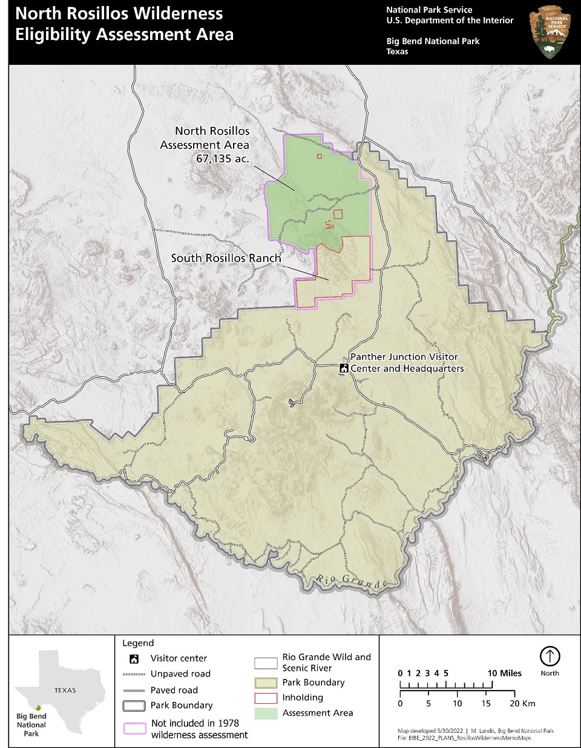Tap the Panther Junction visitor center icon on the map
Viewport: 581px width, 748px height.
tap(344, 368)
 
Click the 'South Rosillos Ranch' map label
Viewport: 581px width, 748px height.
tap(226, 258)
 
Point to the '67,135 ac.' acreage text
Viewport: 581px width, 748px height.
tap(222, 159)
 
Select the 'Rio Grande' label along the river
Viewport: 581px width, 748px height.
tap(352, 582)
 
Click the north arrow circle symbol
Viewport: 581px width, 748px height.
tap(550, 656)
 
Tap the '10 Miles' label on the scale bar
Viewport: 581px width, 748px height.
tap(504, 673)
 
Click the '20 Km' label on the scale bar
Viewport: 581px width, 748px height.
tap(522, 703)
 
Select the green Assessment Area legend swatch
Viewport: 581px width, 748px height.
tap(266, 713)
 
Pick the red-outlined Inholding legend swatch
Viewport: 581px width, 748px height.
tap(266, 698)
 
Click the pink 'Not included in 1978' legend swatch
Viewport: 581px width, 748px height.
tap(134, 729)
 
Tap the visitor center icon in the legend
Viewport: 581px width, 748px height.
tap(134, 659)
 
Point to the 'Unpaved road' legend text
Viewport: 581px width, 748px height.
tap(180, 674)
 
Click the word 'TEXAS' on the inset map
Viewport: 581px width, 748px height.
tap(65, 690)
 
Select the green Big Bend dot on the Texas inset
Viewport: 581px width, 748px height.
tap(38, 707)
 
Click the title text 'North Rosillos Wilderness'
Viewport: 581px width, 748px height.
tap(119, 14)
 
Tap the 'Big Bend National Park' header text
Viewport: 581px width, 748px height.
tap(433, 41)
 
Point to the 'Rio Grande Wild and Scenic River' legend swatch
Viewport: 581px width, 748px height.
tap(266, 663)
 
